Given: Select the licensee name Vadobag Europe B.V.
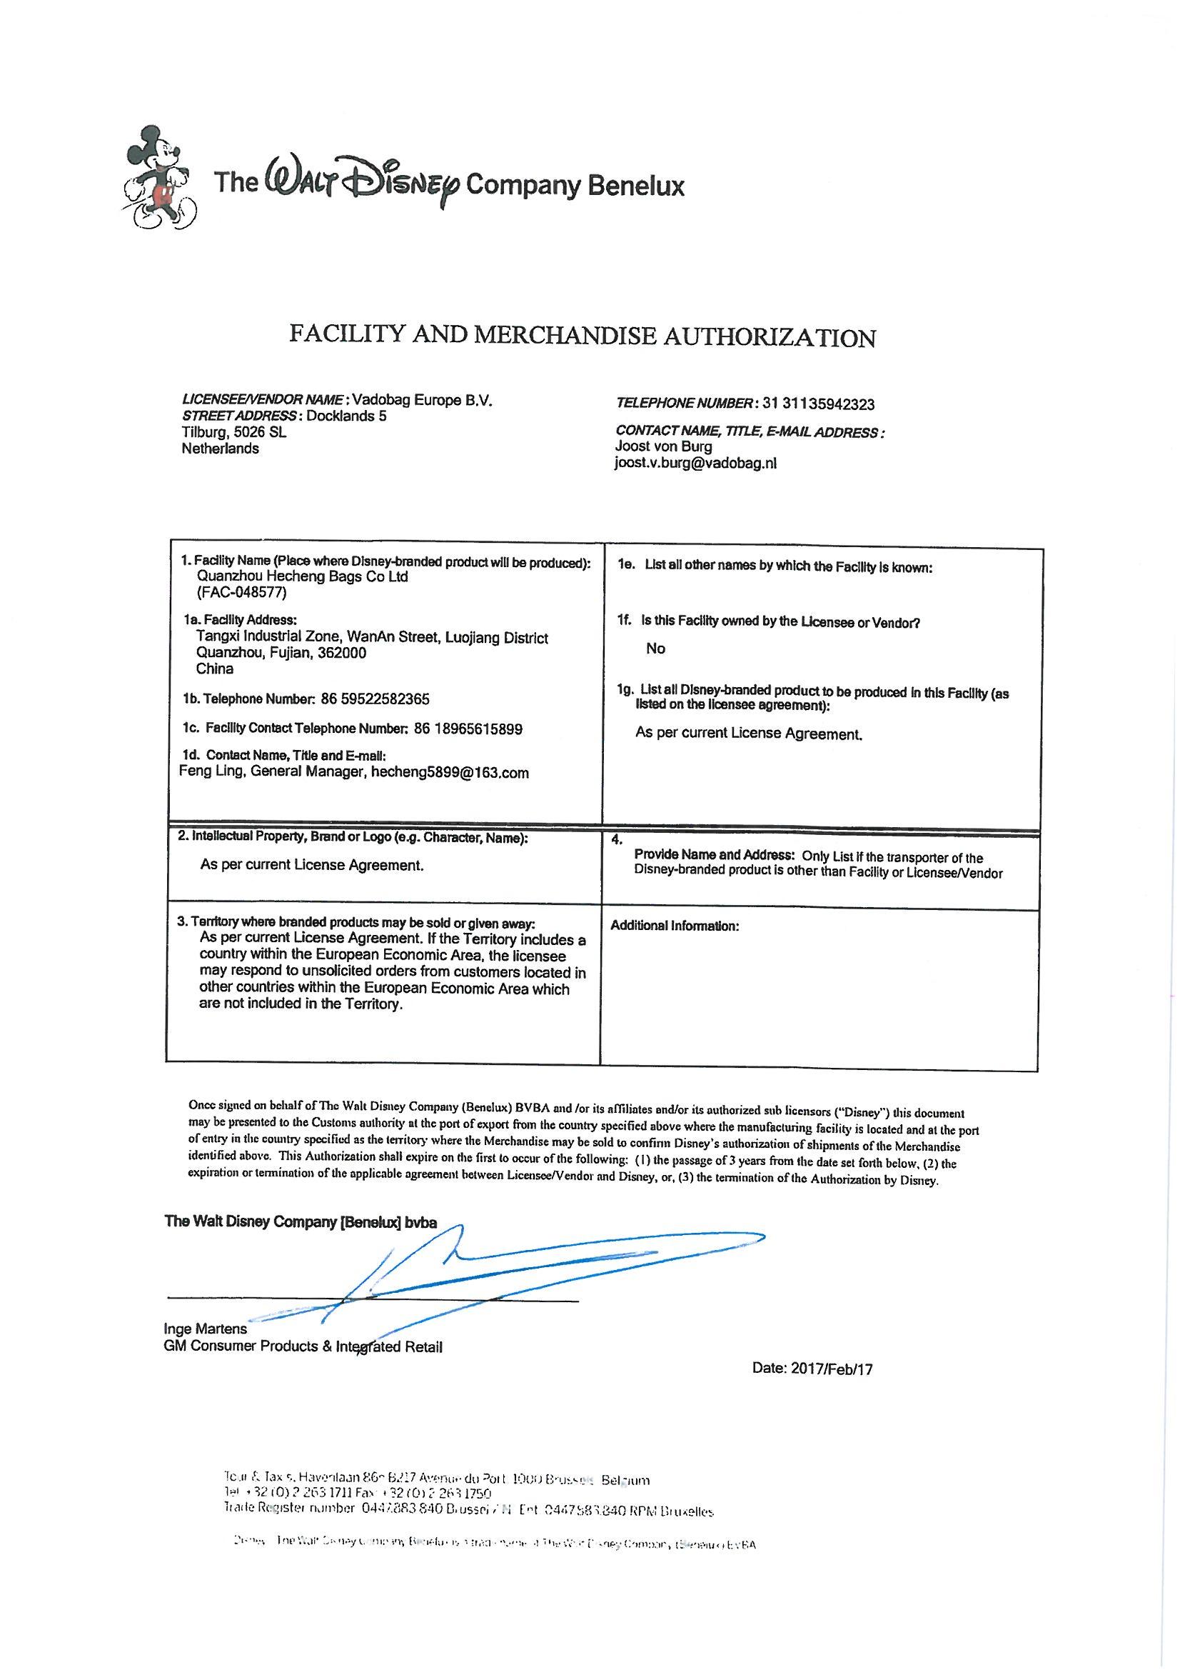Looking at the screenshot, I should [423, 400].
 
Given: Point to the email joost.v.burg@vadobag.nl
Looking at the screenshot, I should [695, 463].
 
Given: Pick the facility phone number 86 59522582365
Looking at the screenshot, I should [380, 699].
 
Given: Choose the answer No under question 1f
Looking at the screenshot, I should [655, 649].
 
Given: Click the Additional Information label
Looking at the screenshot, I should [674, 926].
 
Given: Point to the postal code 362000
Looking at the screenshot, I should [341, 652].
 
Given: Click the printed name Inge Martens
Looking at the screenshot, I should [206, 1329].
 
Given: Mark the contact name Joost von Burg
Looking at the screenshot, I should [663, 446].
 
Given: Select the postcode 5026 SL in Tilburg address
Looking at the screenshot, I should [255, 432].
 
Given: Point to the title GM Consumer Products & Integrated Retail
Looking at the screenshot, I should [303, 1346].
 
